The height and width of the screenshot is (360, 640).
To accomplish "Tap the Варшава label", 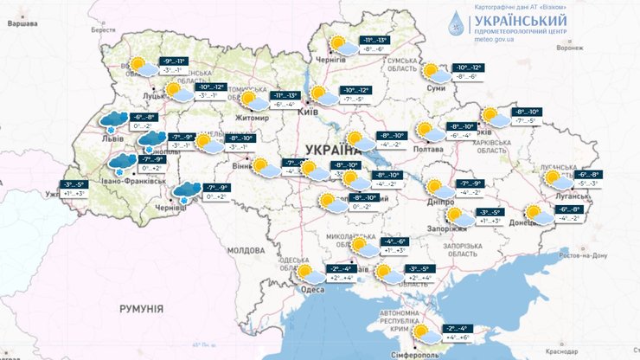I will click(23, 24).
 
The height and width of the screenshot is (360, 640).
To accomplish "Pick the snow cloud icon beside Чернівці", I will click(187, 193).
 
